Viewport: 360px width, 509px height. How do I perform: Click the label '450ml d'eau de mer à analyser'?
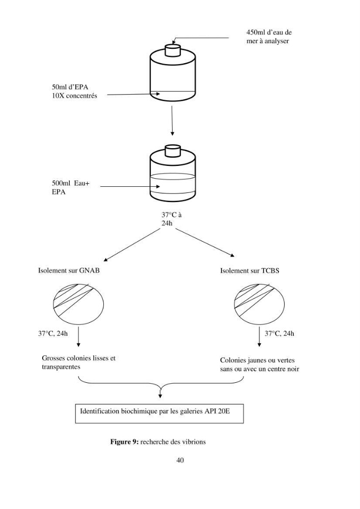click(x=269, y=37)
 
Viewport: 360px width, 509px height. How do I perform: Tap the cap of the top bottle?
click(x=173, y=50)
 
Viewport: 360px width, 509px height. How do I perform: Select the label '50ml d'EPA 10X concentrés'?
click(x=74, y=91)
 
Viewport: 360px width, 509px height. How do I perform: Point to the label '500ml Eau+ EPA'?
click(x=71, y=188)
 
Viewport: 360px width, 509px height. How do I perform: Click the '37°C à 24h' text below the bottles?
click(x=172, y=219)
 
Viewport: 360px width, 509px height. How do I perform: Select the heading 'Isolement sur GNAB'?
click(x=69, y=270)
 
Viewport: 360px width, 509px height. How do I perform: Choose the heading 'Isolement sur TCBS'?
click(x=250, y=271)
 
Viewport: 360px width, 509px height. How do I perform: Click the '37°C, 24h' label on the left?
click(x=53, y=333)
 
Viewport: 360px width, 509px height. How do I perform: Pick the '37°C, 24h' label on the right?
click(x=280, y=333)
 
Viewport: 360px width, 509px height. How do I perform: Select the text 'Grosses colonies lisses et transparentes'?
click(x=78, y=362)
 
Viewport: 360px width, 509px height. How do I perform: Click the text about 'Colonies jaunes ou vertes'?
click(x=260, y=364)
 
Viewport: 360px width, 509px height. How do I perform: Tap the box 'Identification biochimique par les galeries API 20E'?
click(x=159, y=413)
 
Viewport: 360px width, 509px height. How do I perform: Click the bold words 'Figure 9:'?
click(x=125, y=442)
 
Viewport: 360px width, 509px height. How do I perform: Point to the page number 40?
click(x=180, y=460)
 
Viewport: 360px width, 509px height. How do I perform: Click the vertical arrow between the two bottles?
click(x=172, y=121)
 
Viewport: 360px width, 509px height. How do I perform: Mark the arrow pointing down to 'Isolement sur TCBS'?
click(x=205, y=243)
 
